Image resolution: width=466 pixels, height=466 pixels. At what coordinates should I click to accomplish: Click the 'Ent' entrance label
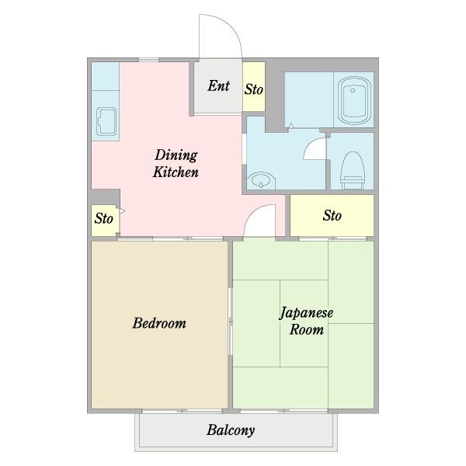[218, 86]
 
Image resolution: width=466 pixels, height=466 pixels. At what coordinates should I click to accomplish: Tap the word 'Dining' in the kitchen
[176, 155]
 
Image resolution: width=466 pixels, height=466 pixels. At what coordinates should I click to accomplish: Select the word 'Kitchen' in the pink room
[176, 172]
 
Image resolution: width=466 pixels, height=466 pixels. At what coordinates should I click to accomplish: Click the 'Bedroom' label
[159, 323]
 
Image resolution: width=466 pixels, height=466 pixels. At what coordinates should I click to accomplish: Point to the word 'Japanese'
[306, 313]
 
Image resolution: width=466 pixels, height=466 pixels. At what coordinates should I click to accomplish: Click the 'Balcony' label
[231, 430]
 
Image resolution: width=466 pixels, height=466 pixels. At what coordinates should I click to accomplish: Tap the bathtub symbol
[354, 100]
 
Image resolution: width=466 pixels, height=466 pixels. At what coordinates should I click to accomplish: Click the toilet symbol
[353, 170]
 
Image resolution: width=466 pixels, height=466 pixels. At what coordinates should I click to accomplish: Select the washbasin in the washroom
[261, 179]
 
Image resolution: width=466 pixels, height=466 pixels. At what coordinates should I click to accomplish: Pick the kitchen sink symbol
[106, 122]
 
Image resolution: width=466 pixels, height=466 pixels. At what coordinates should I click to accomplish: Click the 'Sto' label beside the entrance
[253, 89]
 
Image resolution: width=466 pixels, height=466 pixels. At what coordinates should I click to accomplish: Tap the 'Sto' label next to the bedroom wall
[104, 218]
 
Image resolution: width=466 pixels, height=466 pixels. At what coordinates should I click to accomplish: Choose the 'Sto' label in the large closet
[332, 215]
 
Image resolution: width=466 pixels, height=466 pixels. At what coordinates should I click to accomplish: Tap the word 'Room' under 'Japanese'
[307, 329]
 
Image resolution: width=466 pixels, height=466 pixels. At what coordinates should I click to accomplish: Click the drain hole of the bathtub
[353, 91]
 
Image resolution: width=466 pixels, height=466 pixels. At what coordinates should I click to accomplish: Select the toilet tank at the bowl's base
[353, 179]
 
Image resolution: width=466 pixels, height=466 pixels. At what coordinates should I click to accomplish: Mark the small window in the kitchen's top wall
[148, 60]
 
